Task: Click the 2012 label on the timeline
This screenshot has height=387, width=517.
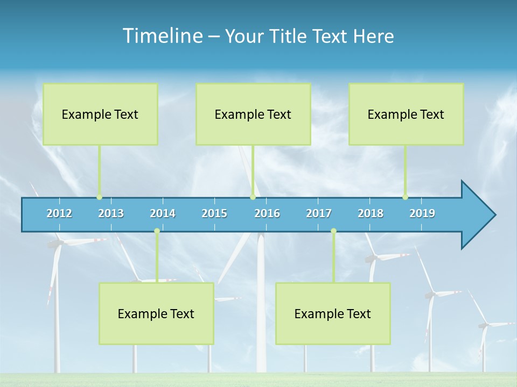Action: pyautogui.click(x=59, y=213)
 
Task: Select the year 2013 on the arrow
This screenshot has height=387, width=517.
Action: pyautogui.click(x=111, y=213)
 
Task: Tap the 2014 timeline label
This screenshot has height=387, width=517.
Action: pyautogui.click(x=163, y=213)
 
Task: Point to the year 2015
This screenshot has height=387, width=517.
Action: pyautogui.click(x=214, y=213)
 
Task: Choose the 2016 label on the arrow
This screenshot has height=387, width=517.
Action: pyautogui.click(x=267, y=213)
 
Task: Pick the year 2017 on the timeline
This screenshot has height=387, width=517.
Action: pyautogui.click(x=319, y=213)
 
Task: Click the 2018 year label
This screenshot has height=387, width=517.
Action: pyautogui.click(x=371, y=213)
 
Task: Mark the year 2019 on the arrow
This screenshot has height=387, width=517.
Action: pyautogui.click(x=422, y=213)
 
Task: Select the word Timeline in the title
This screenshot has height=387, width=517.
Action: pyautogui.click(x=162, y=35)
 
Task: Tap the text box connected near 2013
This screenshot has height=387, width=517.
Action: pyautogui.click(x=100, y=114)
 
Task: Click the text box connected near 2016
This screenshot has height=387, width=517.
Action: pyautogui.click(x=253, y=114)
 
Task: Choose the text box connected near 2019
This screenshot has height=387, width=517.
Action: pyautogui.click(x=406, y=114)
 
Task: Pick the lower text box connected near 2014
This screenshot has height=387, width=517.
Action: pyautogui.click(x=156, y=313)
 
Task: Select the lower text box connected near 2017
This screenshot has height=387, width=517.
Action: pyautogui.click(x=333, y=313)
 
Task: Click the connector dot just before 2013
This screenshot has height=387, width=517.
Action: pyautogui.click(x=99, y=197)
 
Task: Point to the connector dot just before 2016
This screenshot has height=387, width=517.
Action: pyautogui.click(x=253, y=197)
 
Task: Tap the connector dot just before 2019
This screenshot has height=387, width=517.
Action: pyautogui.click(x=405, y=197)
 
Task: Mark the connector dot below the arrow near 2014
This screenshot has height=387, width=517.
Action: pyautogui.click(x=157, y=231)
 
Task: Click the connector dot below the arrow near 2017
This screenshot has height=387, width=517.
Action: pyautogui.click(x=333, y=231)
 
